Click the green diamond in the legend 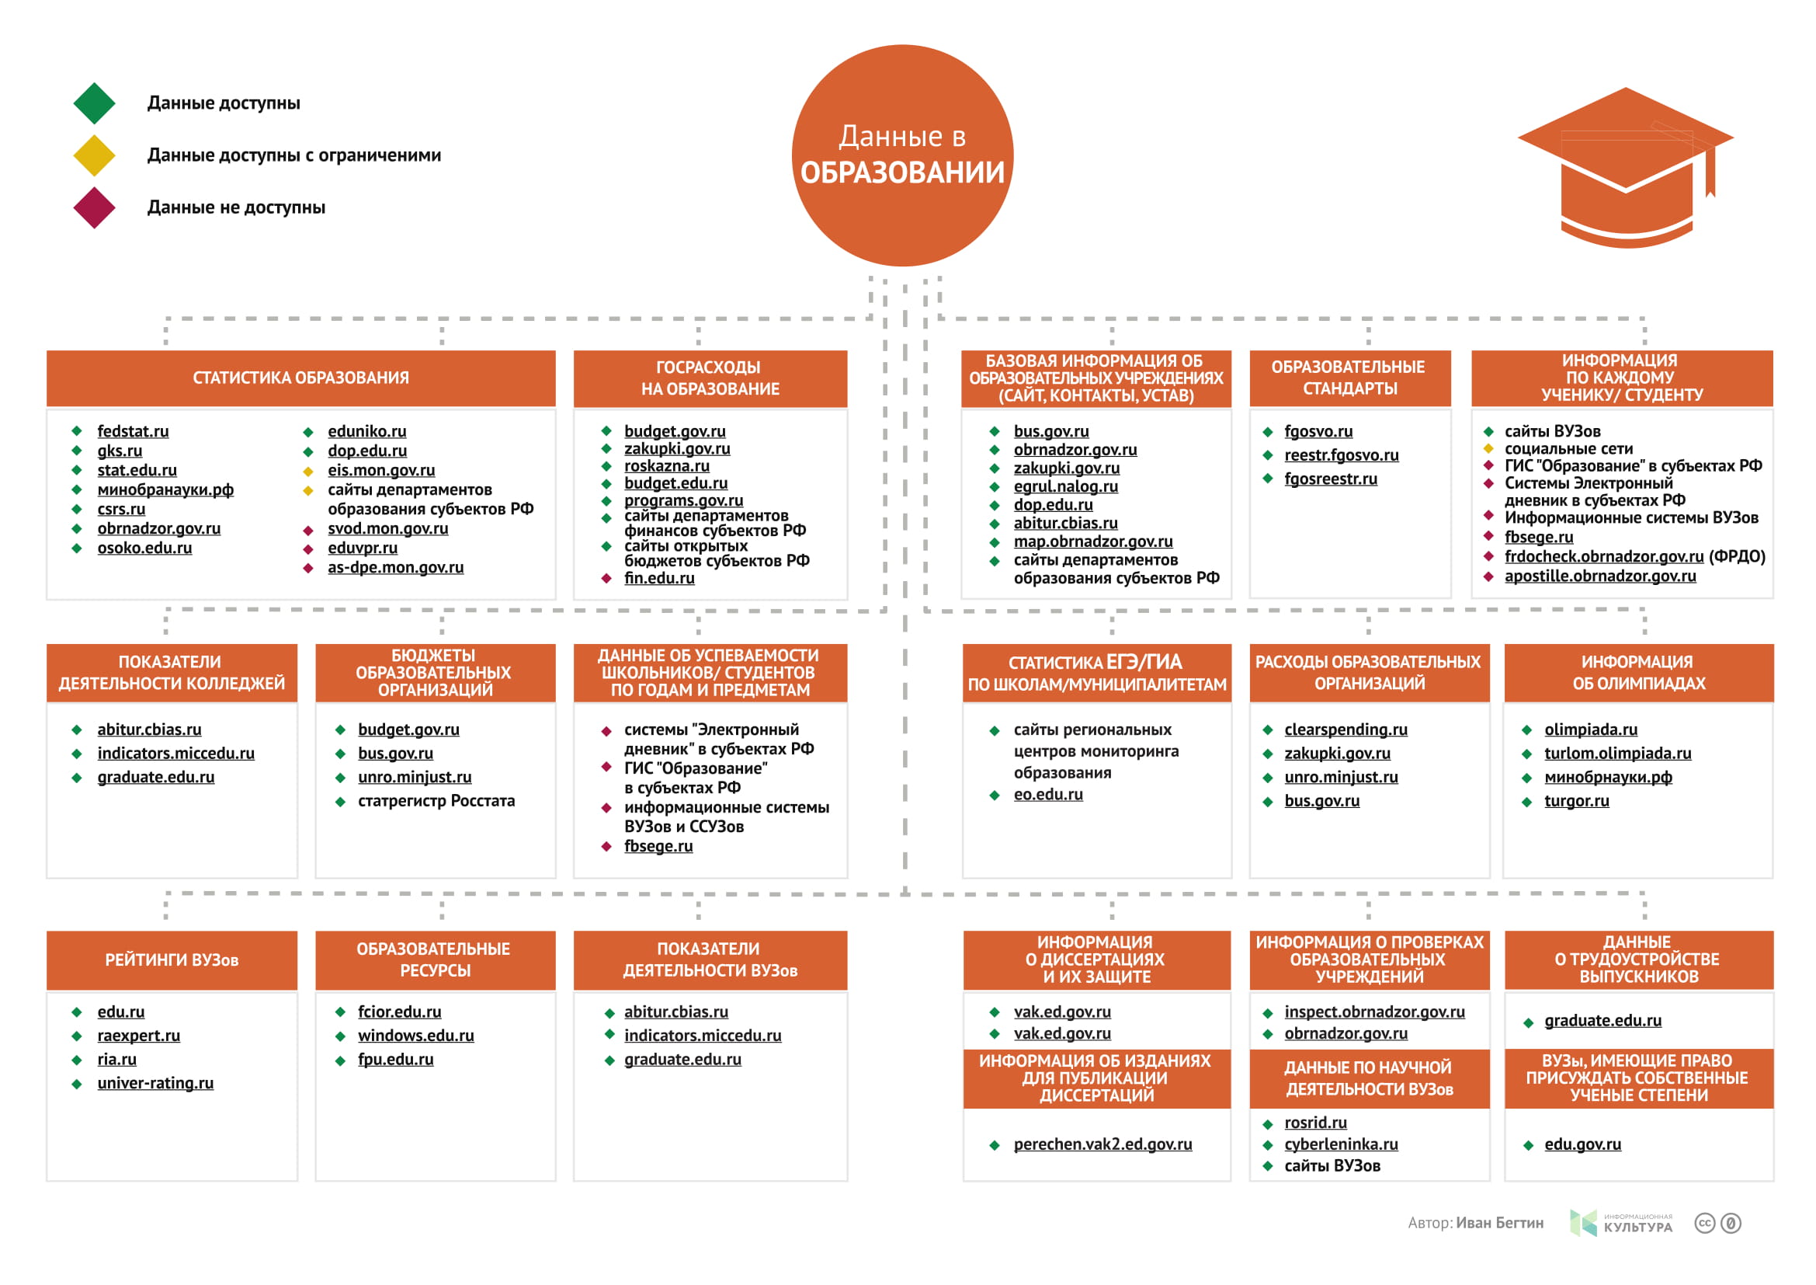point(94,103)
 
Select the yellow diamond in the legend point(94,155)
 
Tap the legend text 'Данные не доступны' point(236,207)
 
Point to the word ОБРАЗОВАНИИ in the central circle point(901,172)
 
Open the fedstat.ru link point(133,431)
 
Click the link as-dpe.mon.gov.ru point(395,567)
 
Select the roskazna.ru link point(667,466)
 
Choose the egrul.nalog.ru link point(1065,486)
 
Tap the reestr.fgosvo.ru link point(1342,455)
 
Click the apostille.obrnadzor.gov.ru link point(1600,576)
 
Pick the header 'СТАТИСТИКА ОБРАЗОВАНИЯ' point(300,378)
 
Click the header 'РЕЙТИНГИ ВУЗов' point(172,960)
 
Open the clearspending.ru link point(1346,730)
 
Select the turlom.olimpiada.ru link point(1617,754)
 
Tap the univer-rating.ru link point(155,1083)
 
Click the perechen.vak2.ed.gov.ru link point(1102,1144)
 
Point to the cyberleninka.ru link point(1341,1144)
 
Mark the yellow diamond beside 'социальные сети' point(1488,448)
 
